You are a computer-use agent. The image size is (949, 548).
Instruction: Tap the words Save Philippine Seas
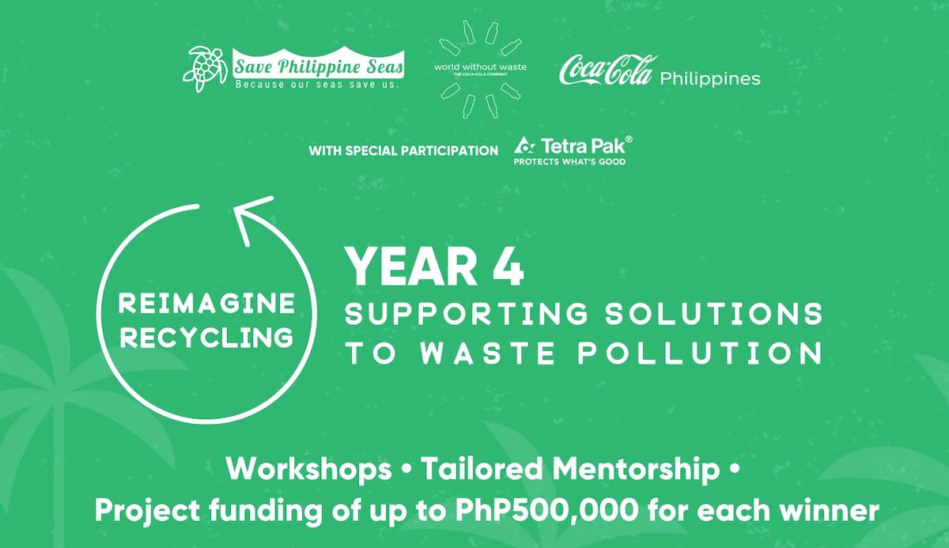point(319,63)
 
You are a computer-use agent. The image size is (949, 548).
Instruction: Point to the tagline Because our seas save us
point(316,83)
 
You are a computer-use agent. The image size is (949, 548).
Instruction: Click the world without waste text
point(480,67)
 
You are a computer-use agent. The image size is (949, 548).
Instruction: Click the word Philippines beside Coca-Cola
point(709,78)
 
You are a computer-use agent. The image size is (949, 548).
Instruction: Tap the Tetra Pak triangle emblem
point(524,146)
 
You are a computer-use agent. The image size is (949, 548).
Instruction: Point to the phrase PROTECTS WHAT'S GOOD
point(569,162)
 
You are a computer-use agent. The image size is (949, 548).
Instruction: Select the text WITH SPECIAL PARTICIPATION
point(403,150)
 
